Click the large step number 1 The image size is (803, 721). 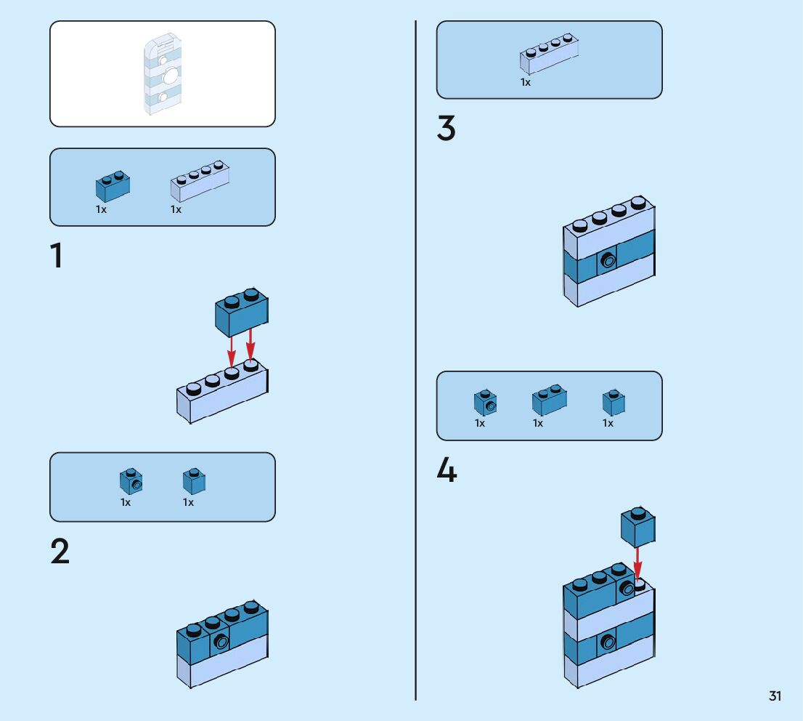(x=56, y=257)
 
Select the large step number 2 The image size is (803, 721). (x=60, y=552)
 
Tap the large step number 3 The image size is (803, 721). (x=447, y=129)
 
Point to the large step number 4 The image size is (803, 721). (x=447, y=471)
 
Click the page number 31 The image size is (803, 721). (x=775, y=696)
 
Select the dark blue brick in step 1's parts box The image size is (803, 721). (x=113, y=187)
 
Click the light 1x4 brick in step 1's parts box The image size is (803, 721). (x=200, y=182)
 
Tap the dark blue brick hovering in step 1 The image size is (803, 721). (x=241, y=311)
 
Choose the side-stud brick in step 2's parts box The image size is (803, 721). (x=131, y=481)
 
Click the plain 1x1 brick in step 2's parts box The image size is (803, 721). (x=194, y=481)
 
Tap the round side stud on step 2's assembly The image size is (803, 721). (x=221, y=642)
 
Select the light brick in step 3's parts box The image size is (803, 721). (x=549, y=55)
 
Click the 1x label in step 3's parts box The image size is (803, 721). (x=525, y=83)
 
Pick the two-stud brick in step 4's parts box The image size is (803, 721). (x=549, y=400)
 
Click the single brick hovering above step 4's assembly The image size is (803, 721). (x=638, y=527)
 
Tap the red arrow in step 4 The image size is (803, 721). (x=637, y=563)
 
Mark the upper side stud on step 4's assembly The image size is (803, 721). (x=627, y=589)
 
